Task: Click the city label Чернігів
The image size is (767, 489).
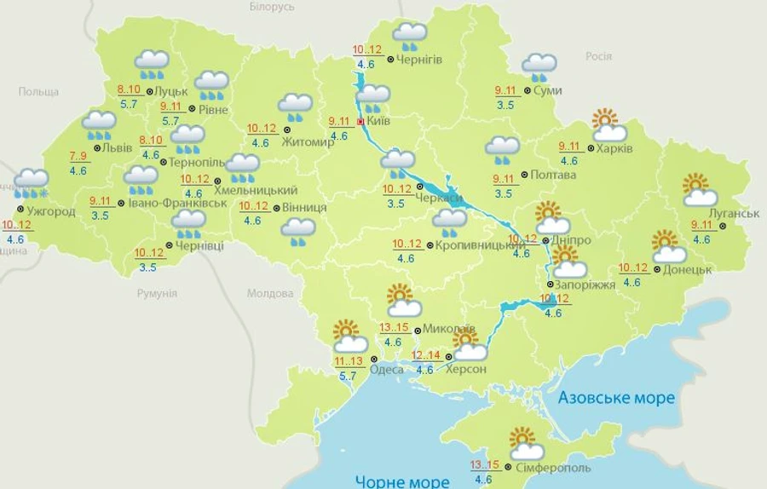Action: (419, 59)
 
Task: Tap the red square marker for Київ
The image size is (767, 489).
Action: (360, 122)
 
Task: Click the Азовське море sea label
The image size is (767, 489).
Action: (615, 398)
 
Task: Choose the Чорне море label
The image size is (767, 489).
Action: (403, 480)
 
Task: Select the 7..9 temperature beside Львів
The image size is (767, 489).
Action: (78, 156)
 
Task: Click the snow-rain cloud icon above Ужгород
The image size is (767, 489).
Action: (32, 182)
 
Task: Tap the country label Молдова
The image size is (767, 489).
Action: (270, 293)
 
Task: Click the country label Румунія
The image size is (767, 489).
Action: (157, 293)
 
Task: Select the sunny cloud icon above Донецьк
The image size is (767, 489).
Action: (668, 247)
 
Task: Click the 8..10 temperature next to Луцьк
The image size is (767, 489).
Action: (130, 89)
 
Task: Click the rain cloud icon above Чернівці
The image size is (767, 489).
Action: (188, 225)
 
